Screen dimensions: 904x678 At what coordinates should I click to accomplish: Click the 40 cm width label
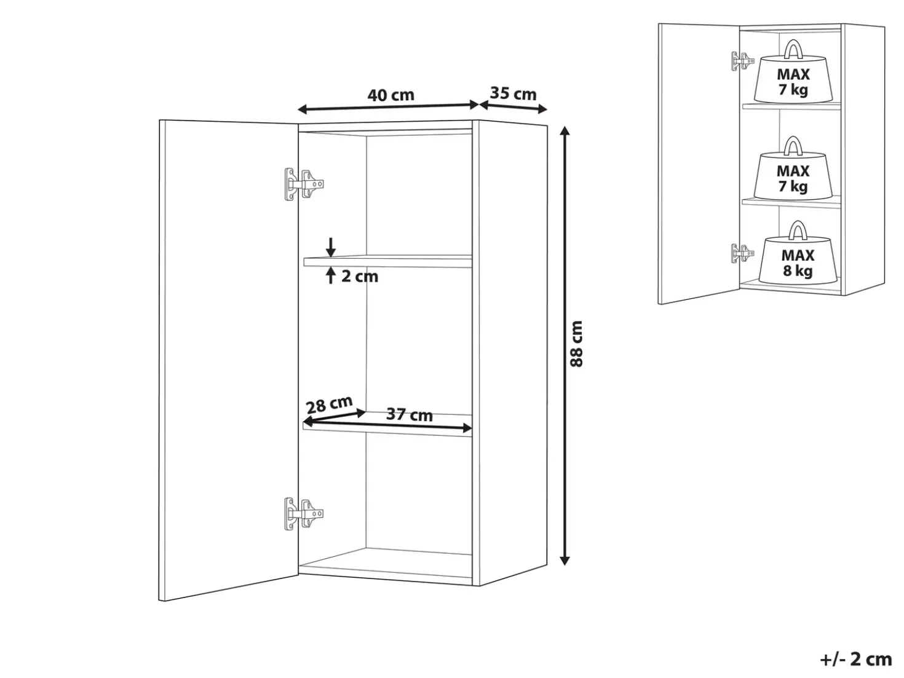tap(391, 95)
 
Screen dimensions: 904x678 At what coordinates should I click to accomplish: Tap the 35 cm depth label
tap(513, 94)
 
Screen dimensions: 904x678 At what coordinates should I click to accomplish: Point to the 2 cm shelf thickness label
tap(360, 277)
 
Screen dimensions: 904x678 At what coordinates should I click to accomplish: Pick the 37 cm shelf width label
tap(410, 414)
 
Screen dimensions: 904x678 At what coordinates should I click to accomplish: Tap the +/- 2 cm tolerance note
tap(856, 660)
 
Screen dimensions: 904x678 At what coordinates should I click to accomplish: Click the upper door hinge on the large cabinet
tap(304, 184)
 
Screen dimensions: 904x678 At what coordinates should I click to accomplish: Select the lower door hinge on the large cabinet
tap(304, 514)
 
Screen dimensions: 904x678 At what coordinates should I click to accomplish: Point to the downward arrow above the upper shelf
tap(330, 247)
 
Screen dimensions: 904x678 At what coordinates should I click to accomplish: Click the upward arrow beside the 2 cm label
tap(330, 275)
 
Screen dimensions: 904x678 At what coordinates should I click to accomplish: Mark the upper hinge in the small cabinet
tap(742, 61)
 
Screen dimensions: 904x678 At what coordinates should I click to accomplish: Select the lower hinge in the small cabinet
tap(742, 253)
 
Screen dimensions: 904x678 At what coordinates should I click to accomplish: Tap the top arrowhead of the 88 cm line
tap(565, 132)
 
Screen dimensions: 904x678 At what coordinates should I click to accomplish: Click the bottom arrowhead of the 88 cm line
tap(565, 560)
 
